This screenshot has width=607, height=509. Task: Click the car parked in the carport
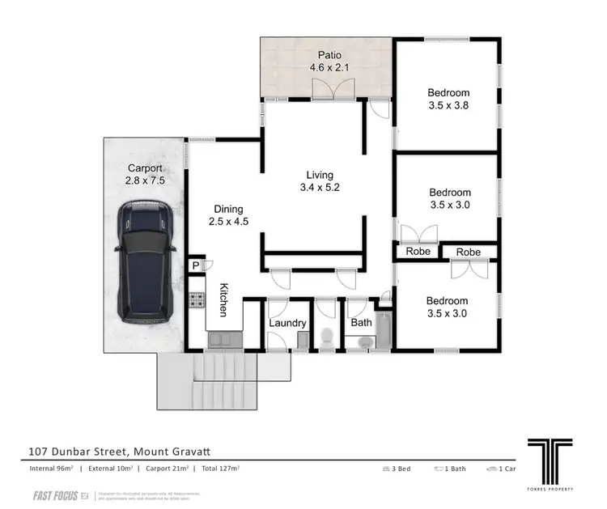click(145, 262)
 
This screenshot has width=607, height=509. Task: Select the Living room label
click(319, 182)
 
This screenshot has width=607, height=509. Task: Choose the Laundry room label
click(287, 324)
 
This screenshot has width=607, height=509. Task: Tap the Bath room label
click(360, 323)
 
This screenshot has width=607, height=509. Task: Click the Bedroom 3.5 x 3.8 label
click(449, 99)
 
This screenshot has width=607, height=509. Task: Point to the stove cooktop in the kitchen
click(196, 300)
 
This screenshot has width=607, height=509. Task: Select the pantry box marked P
click(195, 265)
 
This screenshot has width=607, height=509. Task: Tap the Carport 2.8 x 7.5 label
click(146, 175)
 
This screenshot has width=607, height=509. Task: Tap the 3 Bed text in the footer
click(397, 469)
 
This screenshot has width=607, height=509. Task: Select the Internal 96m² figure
click(49, 469)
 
